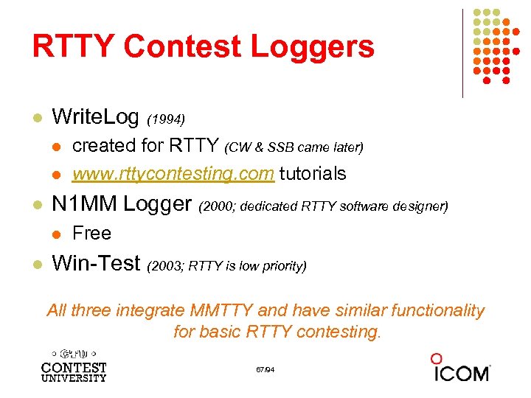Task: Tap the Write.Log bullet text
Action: tap(96, 116)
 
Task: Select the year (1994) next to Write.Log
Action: tap(166, 119)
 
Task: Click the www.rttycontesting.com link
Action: tap(173, 174)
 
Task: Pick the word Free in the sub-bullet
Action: tap(91, 234)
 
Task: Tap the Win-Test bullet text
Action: tap(98, 263)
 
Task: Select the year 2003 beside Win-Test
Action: tap(167, 266)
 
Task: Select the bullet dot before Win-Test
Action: tap(36, 264)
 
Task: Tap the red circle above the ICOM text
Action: tap(437, 358)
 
